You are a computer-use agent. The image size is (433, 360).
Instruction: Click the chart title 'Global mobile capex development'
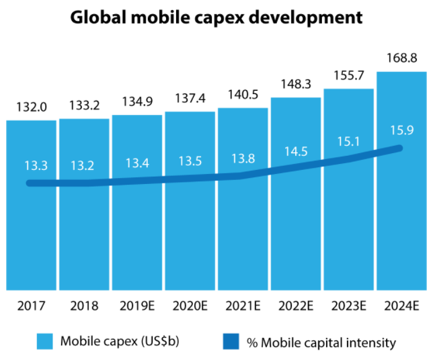tap(216, 18)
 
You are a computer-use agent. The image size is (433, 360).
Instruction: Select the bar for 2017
tap(32, 228)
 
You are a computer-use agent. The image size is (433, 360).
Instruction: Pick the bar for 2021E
tap(243, 228)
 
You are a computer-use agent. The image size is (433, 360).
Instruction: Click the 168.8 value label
tap(401, 58)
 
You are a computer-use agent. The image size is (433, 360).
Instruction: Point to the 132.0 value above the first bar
tap(32, 107)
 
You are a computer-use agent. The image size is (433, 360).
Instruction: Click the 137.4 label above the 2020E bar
tap(190, 99)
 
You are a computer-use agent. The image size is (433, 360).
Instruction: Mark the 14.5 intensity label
tap(297, 152)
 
